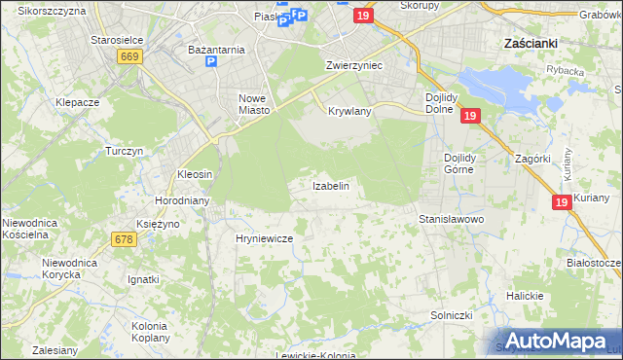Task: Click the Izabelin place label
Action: coord(330,185)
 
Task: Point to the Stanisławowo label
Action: coord(452,220)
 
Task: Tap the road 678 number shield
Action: coord(124,239)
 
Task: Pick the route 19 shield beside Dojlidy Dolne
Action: coord(469,116)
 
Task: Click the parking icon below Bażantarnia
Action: coord(211,62)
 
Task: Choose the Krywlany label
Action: coord(350,112)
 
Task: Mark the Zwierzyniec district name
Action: coord(353,65)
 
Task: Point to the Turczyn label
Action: coord(125,152)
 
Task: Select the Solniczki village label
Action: coord(452,316)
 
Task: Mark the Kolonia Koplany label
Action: coord(150,331)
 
